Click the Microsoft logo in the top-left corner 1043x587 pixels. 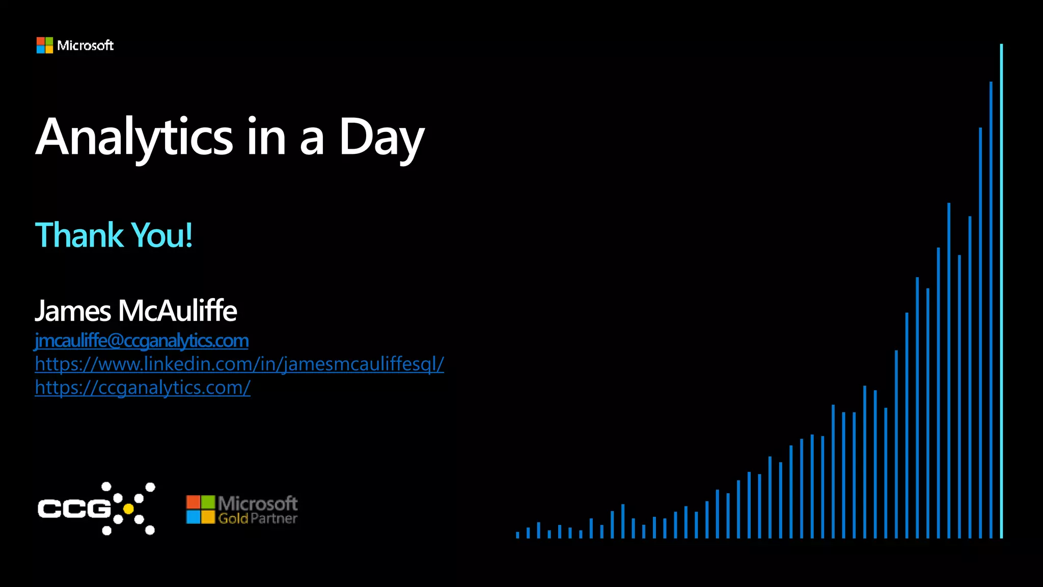tap(45, 45)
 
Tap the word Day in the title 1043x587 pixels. tap(381, 137)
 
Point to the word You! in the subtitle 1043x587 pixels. tap(162, 235)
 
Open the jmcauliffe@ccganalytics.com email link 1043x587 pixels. tap(142, 340)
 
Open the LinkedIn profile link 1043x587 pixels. tap(239, 364)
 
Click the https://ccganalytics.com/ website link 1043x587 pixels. tap(143, 387)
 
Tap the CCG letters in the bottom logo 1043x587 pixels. tap(74, 509)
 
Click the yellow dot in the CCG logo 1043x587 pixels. tap(128, 509)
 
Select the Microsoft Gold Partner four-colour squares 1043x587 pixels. tap(200, 510)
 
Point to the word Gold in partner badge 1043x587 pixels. tap(233, 519)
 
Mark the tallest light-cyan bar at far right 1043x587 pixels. tap(1001, 290)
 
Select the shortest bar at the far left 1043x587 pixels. tap(517, 535)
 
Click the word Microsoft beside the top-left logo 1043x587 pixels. tap(85, 45)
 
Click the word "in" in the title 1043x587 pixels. tap(266, 137)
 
